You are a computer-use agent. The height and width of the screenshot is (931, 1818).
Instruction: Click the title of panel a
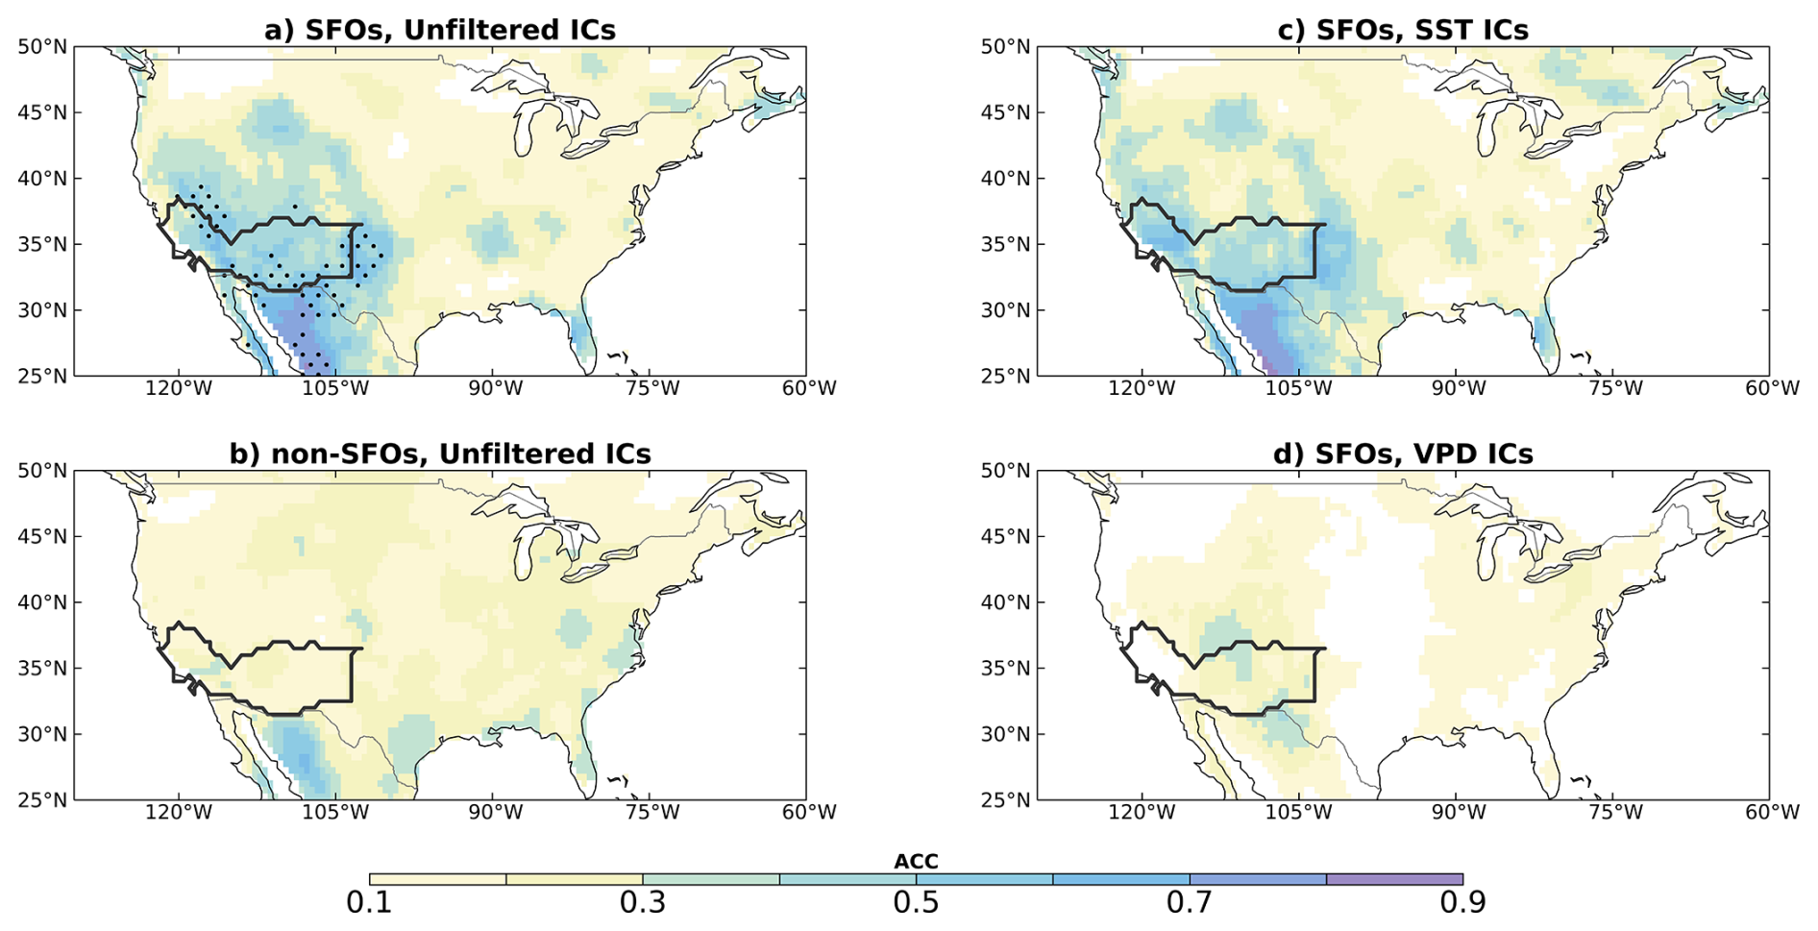click(440, 30)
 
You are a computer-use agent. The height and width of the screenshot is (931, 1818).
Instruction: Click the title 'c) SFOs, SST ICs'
click(1403, 30)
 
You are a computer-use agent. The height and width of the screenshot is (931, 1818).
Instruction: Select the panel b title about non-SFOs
click(440, 453)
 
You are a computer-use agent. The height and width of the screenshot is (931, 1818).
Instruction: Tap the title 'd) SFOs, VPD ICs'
click(1403, 453)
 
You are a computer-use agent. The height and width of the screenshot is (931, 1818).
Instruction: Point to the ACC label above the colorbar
click(916, 862)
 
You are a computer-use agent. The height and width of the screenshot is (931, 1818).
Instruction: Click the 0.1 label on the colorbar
click(369, 903)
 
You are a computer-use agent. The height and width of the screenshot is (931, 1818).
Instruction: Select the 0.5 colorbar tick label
click(916, 903)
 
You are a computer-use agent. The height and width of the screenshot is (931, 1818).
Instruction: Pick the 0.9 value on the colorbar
click(1462, 903)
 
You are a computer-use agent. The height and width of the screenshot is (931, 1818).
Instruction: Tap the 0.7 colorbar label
click(1190, 903)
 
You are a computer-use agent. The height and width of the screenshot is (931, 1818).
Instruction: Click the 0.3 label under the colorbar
click(643, 903)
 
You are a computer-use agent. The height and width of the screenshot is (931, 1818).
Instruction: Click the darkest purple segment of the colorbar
click(1394, 879)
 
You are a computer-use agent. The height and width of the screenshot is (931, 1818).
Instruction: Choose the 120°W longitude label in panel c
click(1142, 388)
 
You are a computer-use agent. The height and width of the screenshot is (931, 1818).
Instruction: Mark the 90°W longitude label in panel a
click(496, 388)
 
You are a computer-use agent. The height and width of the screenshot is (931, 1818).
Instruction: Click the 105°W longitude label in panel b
click(337, 812)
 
